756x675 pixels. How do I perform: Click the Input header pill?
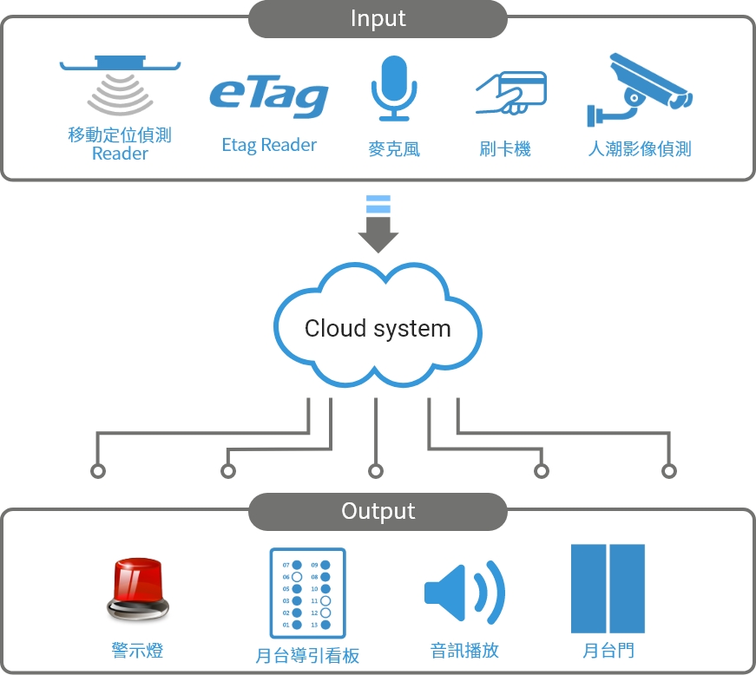click(378, 18)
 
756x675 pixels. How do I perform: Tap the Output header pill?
click(378, 511)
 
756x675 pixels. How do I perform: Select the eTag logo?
click(269, 97)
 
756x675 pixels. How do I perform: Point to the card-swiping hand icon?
click(510, 93)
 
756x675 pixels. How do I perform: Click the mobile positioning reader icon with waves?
click(120, 87)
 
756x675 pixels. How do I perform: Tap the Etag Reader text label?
click(269, 145)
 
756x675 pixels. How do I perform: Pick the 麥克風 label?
click(393, 148)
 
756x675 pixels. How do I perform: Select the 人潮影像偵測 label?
click(640, 148)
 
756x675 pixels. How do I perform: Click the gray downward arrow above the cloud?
click(378, 225)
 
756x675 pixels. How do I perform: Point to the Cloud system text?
click(378, 329)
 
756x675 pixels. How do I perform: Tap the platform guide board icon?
click(307, 593)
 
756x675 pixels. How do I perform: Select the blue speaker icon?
click(464, 592)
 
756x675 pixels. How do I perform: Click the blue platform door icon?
click(608, 589)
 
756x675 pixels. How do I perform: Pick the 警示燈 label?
click(137, 650)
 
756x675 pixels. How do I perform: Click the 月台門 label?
click(608, 650)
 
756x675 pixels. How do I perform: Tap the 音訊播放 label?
click(465, 650)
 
